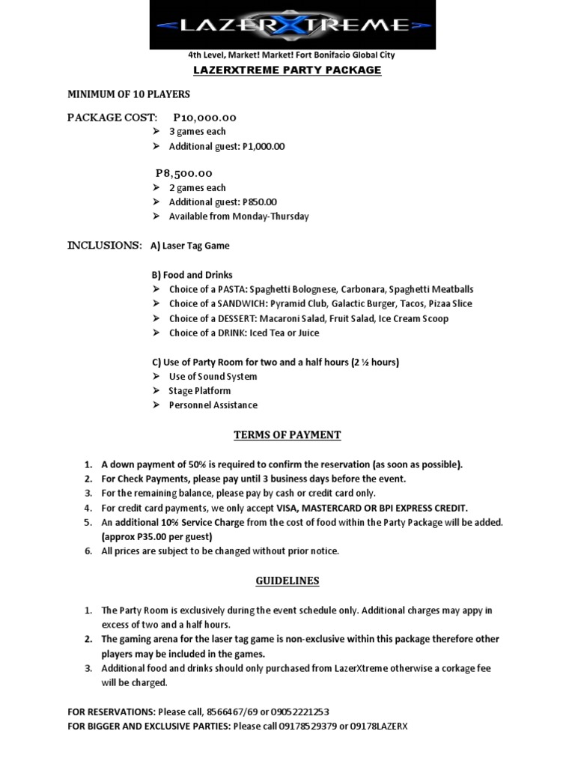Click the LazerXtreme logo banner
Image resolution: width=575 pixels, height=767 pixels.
click(x=292, y=25)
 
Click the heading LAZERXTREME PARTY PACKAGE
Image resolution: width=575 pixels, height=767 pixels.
click(x=287, y=70)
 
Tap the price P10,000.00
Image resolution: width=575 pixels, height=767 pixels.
click(x=204, y=118)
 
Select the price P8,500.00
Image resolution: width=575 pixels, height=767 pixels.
click(x=184, y=174)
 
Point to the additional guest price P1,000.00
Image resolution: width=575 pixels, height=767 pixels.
click(x=264, y=147)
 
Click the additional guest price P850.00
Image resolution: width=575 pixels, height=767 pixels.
click(x=259, y=202)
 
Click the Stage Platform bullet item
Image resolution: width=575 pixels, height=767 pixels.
click(x=200, y=391)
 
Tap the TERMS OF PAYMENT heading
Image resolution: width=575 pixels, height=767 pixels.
click(x=287, y=435)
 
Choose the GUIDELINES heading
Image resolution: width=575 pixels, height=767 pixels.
click(x=287, y=581)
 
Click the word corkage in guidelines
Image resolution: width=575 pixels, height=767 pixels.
click(x=441, y=668)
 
